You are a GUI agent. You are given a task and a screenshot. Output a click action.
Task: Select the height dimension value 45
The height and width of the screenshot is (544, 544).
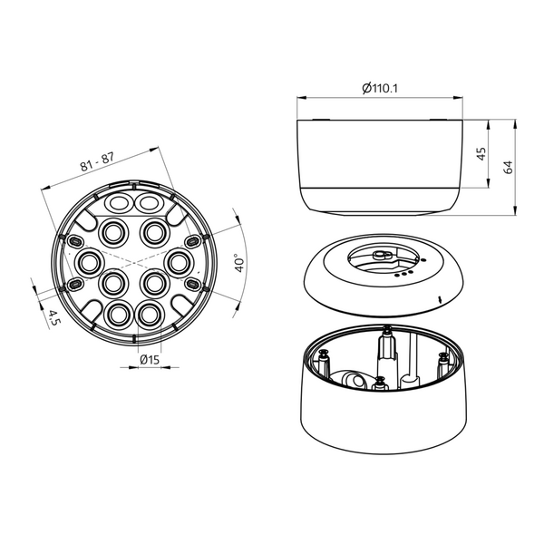pos(481,155)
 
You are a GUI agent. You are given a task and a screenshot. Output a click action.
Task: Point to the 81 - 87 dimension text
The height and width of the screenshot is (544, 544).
pos(96,161)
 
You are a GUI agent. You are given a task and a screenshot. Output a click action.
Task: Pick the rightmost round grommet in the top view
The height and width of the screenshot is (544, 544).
pos(179,263)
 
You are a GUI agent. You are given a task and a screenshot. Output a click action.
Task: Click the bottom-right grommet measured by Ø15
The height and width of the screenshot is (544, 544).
pos(148,314)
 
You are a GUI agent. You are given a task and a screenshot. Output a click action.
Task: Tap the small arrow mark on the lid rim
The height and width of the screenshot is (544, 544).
pos(439,297)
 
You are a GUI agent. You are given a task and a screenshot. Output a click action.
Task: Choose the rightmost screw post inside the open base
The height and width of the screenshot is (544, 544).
pos(443,363)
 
